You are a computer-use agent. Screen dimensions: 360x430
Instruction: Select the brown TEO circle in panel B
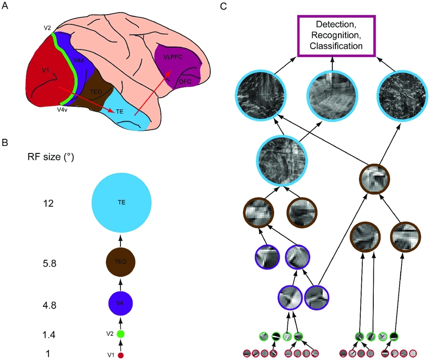coord(120,262)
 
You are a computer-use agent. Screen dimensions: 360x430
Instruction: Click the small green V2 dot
coord(120,334)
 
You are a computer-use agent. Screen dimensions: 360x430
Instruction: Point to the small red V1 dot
coord(120,355)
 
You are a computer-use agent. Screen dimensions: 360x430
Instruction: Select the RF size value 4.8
coord(50,305)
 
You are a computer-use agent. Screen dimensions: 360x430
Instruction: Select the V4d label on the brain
coord(79,61)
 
